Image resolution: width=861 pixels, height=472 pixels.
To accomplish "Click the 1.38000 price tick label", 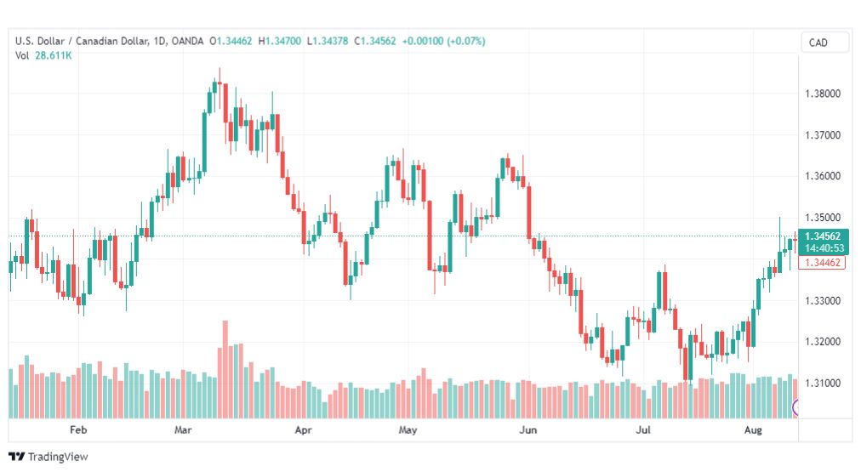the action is click(823, 94).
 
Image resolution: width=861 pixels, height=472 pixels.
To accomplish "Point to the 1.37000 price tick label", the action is click(823, 135).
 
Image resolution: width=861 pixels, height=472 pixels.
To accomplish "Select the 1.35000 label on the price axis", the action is click(823, 218).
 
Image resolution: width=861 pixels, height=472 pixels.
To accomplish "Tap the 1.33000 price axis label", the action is click(823, 301).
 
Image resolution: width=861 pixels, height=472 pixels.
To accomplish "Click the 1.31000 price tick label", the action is click(823, 383).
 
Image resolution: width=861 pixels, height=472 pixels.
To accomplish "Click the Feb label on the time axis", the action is click(78, 429).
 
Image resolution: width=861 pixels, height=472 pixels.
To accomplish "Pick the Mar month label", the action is click(183, 429).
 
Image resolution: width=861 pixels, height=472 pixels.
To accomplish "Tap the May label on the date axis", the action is click(408, 429).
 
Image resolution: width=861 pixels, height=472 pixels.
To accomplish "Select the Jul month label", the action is click(643, 429).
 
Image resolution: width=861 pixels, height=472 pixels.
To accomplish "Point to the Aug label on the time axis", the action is click(753, 429).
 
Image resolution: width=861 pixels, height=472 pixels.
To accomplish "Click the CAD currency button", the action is click(818, 43).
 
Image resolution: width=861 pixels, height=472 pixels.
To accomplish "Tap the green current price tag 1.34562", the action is click(823, 236).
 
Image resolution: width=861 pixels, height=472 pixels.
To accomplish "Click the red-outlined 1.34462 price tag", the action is click(823, 263).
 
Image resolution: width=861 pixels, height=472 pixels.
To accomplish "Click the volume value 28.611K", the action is click(54, 55).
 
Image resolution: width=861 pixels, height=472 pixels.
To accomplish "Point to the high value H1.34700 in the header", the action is click(280, 41).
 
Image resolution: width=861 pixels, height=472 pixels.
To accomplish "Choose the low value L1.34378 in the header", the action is click(328, 41).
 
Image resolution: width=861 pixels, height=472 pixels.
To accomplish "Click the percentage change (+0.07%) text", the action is click(466, 41).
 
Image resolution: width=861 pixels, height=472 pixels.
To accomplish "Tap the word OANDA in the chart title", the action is click(187, 41).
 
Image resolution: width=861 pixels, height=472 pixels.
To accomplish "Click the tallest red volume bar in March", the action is click(225, 369).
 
